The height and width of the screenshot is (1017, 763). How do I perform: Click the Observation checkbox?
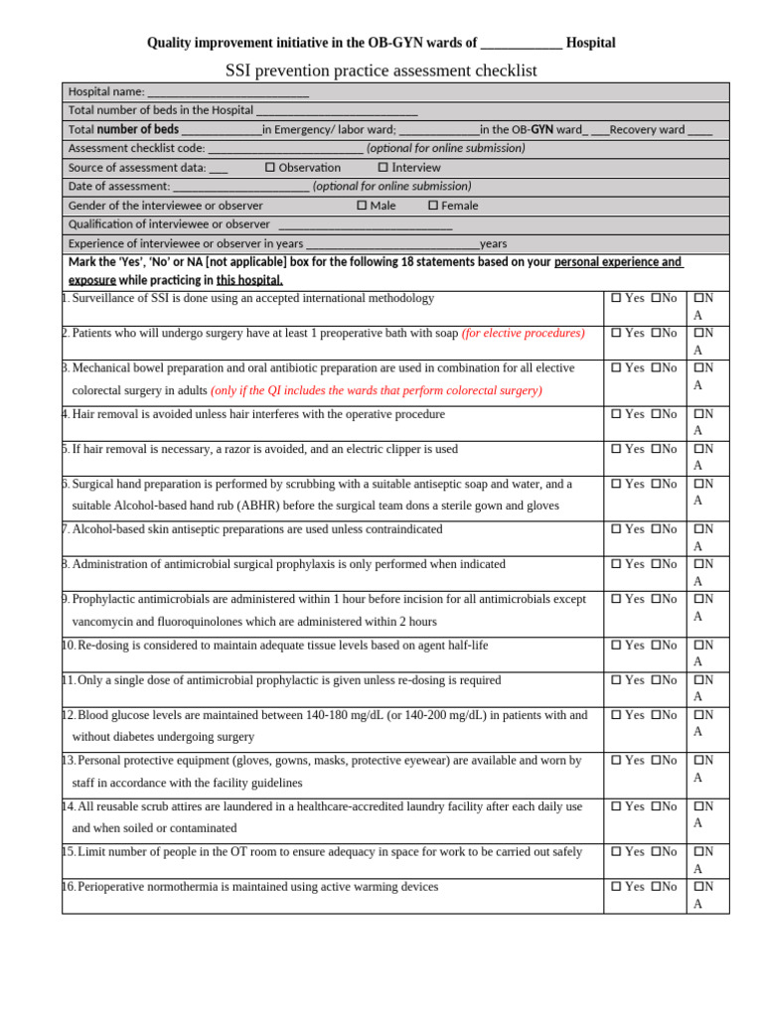click(x=270, y=168)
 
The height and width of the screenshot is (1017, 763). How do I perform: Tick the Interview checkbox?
click(x=383, y=168)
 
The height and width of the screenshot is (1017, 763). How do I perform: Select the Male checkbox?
click(x=362, y=206)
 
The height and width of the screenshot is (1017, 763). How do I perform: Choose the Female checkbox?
click(x=433, y=206)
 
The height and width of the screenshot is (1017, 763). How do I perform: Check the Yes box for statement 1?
click(x=616, y=298)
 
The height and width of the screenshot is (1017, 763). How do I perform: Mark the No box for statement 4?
click(x=657, y=414)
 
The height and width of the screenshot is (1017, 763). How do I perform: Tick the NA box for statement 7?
click(x=698, y=529)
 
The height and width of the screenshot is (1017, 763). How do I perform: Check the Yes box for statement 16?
click(x=616, y=887)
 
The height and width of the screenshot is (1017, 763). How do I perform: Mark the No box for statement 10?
click(x=657, y=646)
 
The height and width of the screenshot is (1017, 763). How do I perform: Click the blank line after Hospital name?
click(x=228, y=92)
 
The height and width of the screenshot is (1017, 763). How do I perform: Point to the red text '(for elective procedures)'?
click(x=524, y=334)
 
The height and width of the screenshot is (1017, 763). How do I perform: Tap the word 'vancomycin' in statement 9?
click(x=104, y=622)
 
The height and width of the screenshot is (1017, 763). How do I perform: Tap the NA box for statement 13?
click(x=698, y=761)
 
